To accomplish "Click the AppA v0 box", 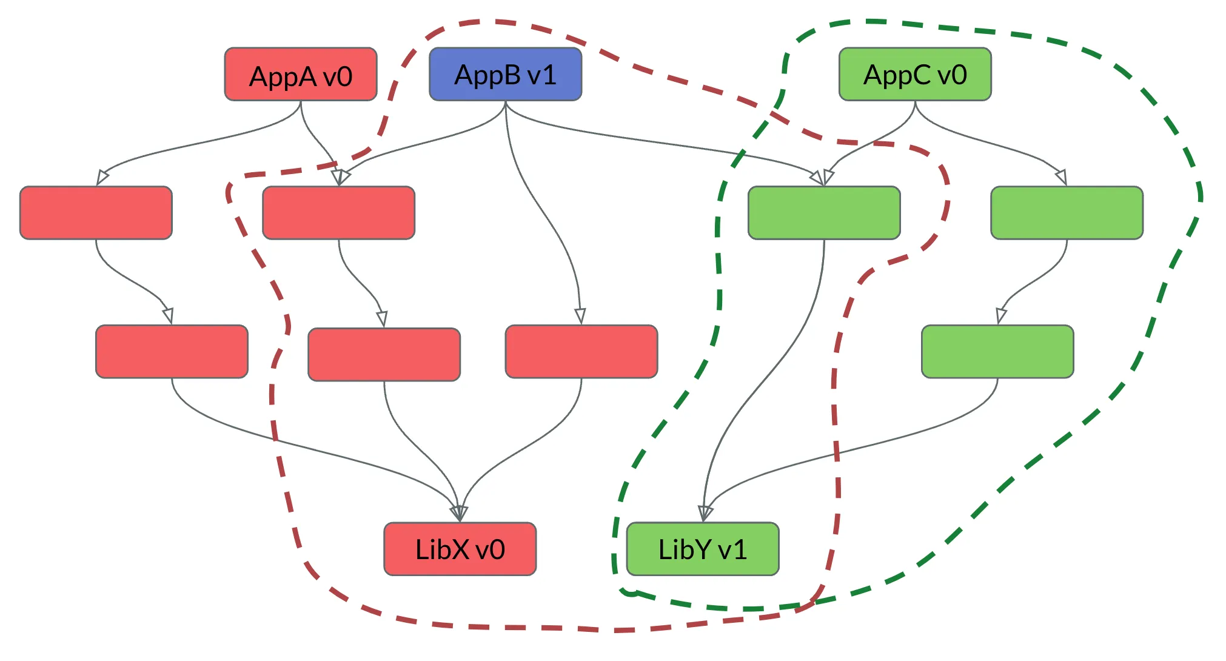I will click(301, 75).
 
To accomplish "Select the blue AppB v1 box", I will click(505, 75).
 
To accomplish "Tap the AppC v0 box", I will click(915, 75).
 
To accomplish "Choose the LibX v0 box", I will click(460, 549).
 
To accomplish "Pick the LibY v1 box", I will click(703, 549).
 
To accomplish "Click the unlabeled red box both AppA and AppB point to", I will click(338, 213).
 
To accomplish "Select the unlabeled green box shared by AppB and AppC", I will click(824, 213).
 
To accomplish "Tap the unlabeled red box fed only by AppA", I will click(96, 213).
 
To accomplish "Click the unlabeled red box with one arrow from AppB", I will click(581, 352).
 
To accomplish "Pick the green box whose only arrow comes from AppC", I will click(1067, 213).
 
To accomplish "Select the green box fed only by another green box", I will click(997, 352).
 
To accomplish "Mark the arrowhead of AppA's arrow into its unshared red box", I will click(102, 178).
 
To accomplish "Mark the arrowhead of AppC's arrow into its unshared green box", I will click(1061, 177).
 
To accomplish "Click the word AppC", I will click(897, 75).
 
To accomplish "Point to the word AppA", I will click(283, 77).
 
